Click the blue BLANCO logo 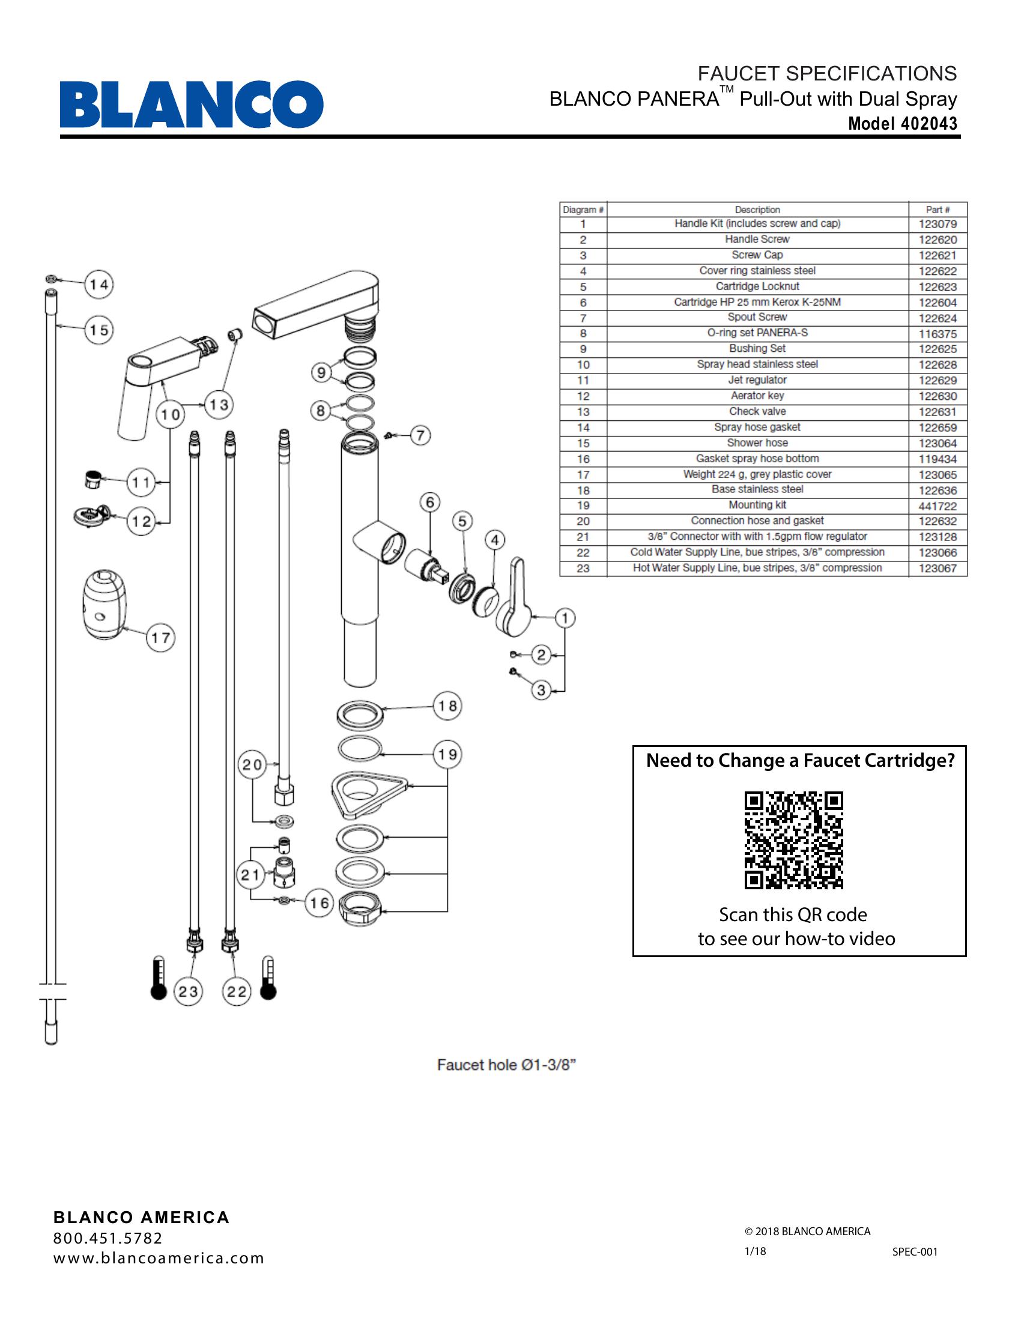[191, 104]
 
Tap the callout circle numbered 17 [160, 638]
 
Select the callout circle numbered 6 [429, 502]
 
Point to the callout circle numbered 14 [98, 284]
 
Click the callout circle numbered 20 [252, 765]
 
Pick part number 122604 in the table [938, 303]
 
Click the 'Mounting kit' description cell [757, 505]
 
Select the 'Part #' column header [938, 210]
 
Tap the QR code [793, 840]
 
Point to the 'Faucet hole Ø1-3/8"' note [506, 1065]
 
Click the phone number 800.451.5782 [108, 1238]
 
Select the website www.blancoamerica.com [159, 1258]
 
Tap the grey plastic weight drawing [105, 603]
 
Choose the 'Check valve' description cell [757, 411]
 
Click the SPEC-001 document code [915, 1252]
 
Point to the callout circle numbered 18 [447, 706]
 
